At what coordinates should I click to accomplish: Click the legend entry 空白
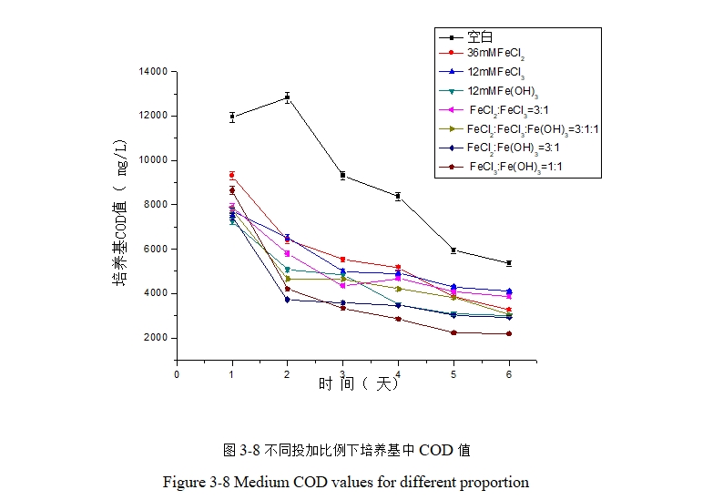coord(480,37)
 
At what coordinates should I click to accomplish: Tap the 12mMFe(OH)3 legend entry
coord(502,91)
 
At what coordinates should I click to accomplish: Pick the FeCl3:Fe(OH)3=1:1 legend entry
coord(514,167)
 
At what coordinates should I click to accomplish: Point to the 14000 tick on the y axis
coord(152,71)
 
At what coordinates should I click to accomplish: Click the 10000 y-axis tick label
coord(152,160)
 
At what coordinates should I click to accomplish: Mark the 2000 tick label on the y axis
coord(155,338)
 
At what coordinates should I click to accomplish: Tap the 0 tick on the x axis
coord(177,373)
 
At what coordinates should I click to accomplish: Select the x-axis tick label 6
coord(509,373)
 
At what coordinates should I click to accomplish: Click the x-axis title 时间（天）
coord(359,384)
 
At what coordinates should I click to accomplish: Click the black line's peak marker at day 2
coord(288,97)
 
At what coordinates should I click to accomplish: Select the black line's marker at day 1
coord(232,117)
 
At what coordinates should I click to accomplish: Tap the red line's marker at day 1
coord(232,175)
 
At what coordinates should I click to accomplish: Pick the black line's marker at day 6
coord(509,263)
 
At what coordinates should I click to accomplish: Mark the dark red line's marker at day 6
coord(509,333)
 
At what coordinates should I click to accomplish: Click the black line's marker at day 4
coord(398,196)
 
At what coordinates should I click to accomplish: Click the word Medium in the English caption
coord(260,482)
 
